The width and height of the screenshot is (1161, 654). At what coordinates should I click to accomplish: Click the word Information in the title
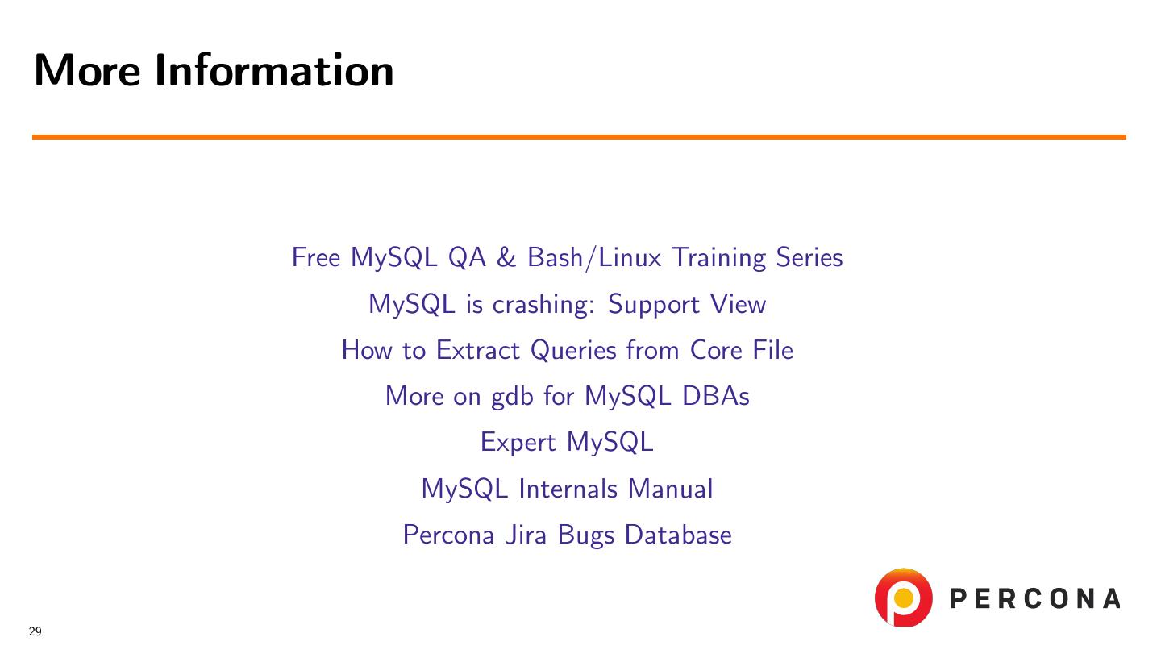pos(274,69)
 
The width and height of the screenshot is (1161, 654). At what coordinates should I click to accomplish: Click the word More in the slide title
pos(87,69)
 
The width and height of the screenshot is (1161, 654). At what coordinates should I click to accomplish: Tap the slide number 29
pos(35,631)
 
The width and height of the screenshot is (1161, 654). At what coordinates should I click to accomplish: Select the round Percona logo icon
pos(903,597)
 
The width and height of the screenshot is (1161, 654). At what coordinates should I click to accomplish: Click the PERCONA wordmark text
pos(1035,598)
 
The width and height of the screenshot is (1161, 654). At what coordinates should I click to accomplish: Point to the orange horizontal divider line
pos(579,137)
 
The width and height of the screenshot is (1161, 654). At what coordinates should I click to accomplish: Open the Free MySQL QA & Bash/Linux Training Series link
pos(567,257)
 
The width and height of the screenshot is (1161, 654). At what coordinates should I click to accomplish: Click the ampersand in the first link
pos(506,257)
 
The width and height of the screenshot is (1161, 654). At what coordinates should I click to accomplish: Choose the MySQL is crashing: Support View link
pos(567,304)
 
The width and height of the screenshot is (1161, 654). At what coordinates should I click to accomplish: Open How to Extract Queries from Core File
pos(567,350)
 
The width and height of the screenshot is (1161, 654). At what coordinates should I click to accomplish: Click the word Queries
pos(573,350)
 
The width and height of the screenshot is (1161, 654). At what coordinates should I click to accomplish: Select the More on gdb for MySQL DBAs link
pos(567,397)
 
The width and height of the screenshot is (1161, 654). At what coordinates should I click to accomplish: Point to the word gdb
pos(512,397)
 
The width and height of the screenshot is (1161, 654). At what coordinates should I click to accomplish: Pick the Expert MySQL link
pos(567,443)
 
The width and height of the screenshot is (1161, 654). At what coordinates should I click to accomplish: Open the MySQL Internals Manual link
pos(567,489)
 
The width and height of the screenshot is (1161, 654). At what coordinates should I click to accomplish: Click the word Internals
pos(568,489)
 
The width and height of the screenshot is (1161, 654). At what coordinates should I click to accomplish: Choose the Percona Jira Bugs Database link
pos(567,535)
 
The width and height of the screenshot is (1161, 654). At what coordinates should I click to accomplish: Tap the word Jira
pos(526,535)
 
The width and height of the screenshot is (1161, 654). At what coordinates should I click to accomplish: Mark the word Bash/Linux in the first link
pos(594,257)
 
